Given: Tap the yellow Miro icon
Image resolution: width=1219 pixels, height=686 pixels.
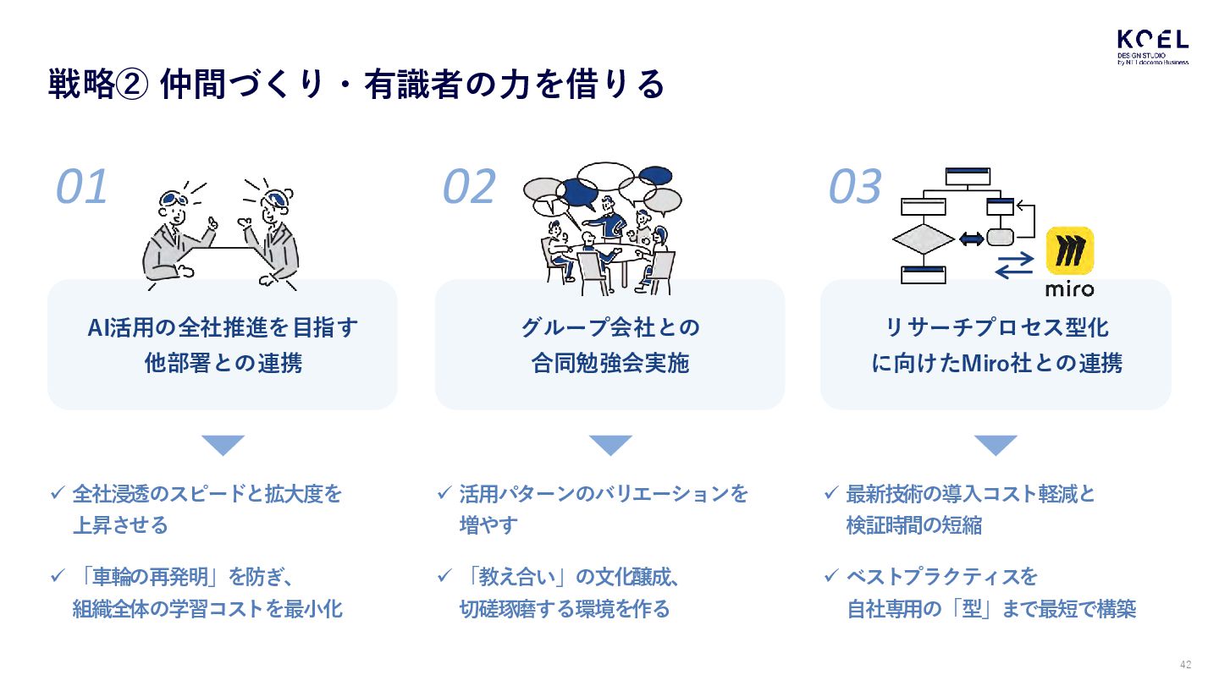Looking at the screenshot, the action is pyautogui.click(x=1070, y=250).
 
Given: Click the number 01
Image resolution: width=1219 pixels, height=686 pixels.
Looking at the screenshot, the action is pyautogui.click(x=82, y=188).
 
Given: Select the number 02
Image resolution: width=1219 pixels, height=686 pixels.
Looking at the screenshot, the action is pyautogui.click(x=469, y=188).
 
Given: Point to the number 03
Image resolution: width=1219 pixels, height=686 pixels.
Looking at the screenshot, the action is pyautogui.click(x=855, y=188).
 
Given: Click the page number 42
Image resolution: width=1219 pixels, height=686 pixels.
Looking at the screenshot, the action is pyautogui.click(x=1185, y=664).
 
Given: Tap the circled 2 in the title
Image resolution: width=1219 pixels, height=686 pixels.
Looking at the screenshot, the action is pyautogui.click(x=133, y=85).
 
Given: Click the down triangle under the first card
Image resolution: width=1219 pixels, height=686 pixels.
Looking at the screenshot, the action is pyautogui.click(x=223, y=445).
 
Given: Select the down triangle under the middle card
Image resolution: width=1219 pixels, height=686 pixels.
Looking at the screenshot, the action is pyautogui.click(x=609, y=445).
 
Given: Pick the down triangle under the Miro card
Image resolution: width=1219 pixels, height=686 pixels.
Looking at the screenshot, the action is pyautogui.click(x=996, y=445).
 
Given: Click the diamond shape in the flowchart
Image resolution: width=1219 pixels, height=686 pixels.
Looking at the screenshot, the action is pyautogui.click(x=923, y=240).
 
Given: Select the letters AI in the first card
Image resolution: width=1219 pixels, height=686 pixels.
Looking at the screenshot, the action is pyautogui.click(x=97, y=328).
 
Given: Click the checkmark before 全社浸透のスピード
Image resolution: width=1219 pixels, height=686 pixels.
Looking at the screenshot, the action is pyautogui.click(x=58, y=492).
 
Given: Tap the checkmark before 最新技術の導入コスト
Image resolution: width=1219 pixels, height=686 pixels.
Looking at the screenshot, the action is pyautogui.click(x=831, y=492).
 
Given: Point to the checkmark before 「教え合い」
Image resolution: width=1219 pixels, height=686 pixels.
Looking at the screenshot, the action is pyautogui.click(x=444, y=576).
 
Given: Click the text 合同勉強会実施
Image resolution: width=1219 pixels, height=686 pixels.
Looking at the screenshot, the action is pyautogui.click(x=609, y=364).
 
